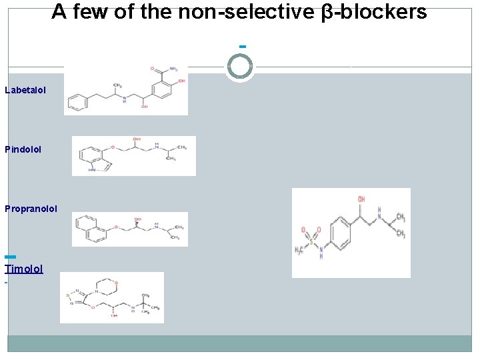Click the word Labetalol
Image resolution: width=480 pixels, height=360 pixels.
point(25,89)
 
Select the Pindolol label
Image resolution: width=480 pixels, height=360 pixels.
point(23,149)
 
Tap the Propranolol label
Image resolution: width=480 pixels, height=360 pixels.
point(31,209)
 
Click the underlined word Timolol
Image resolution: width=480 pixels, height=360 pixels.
point(24,269)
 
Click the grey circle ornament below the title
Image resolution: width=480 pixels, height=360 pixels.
point(240,67)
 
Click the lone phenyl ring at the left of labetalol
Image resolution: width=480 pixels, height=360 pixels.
point(77,103)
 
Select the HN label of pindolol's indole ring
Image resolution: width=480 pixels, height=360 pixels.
point(92,171)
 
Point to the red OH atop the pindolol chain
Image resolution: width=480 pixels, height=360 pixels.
point(137,139)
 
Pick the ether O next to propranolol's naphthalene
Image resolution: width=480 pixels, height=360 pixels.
point(114,227)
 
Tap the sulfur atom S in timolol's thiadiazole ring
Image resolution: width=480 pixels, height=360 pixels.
point(68,295)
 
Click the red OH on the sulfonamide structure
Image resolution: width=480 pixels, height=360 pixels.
point(361,199)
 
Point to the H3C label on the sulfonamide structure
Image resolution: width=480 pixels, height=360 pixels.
point(301,251)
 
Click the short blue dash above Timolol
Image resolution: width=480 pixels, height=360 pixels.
point(9,257)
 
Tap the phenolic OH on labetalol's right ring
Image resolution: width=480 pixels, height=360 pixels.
point(181,81)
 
